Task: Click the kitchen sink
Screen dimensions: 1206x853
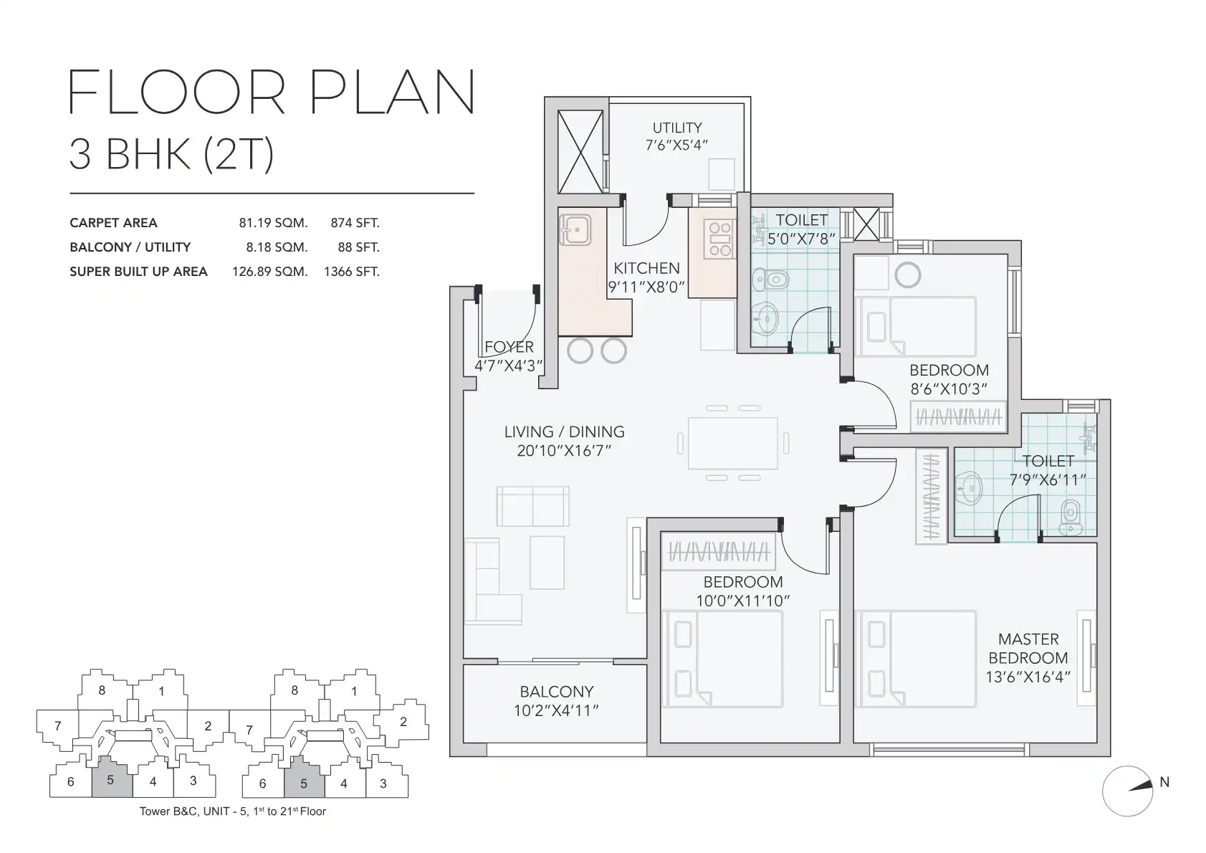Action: point(575,230)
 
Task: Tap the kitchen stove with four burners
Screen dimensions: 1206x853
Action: point(720,239)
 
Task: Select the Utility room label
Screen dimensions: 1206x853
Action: point(677,128)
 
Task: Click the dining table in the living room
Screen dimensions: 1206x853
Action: point(733,443)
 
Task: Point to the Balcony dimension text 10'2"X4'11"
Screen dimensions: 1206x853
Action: point(556,711)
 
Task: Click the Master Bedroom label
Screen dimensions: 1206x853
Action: point(1028,649)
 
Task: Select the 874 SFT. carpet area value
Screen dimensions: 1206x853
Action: point(355,223)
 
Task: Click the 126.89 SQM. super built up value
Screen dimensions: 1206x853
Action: point(269,272)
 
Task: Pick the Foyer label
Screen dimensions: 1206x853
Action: point(509,347)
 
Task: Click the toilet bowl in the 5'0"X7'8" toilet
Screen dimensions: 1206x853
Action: point(771,280)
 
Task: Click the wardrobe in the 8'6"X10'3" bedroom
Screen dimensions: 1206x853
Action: point(958,416)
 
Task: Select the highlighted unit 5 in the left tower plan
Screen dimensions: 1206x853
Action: point(112,778)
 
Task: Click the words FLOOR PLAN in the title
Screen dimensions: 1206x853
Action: point(272,92)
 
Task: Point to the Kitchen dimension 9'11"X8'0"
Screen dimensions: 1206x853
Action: point(646,287)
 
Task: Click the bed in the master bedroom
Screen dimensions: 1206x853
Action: point(916,658)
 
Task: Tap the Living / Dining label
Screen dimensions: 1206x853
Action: point(564,432)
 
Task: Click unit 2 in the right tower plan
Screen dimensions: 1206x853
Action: point(403,722)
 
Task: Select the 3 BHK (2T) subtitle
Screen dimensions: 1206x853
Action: point(172,154)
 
